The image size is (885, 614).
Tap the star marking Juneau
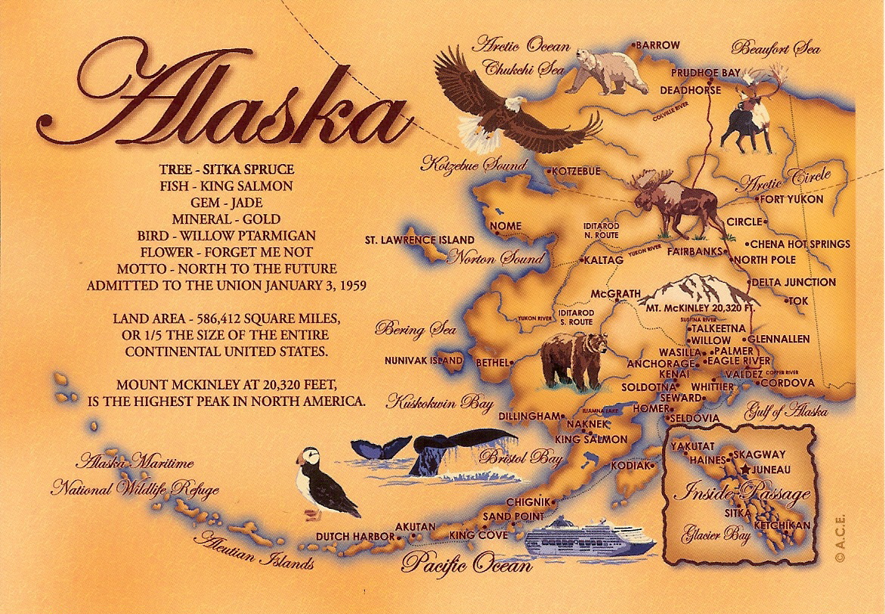[x=747, y=470]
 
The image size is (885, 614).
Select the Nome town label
[x=506, y=226]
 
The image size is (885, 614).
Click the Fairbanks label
[x=694, y=252]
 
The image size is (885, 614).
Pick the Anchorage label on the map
[x=660, y=364]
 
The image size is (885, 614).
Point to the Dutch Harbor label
[x=354, y=537]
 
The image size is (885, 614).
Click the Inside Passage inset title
[x=741, y=495]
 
